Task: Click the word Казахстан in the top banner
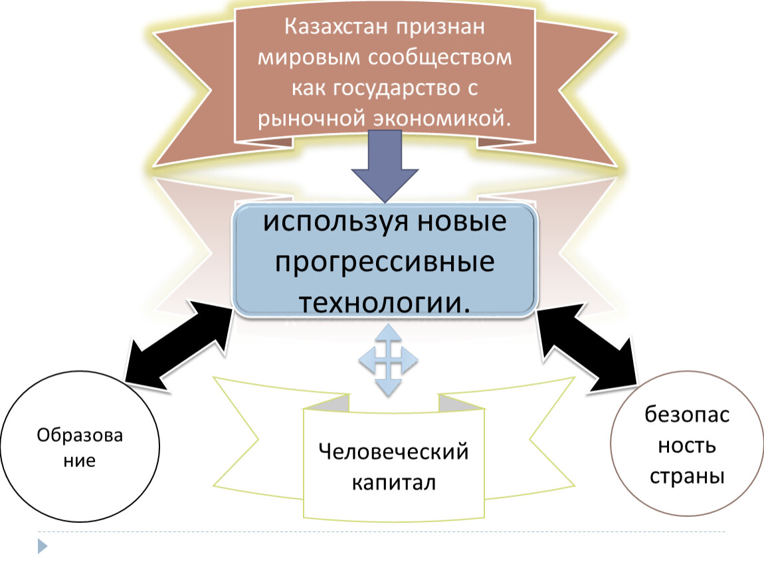coord(336,27)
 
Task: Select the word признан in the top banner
coord(440,27)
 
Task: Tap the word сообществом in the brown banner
coord(440,58)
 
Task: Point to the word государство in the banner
coord(397,88)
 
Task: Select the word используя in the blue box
coord(336,222)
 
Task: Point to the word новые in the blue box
coord(462,221)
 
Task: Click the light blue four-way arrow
coord(389,361)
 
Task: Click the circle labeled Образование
coord(80,446)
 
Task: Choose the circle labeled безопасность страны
coord(686,443)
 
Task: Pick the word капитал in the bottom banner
coord(394,482)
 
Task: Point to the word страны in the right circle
coord(687,476)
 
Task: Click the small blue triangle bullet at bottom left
coord(43,546)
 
